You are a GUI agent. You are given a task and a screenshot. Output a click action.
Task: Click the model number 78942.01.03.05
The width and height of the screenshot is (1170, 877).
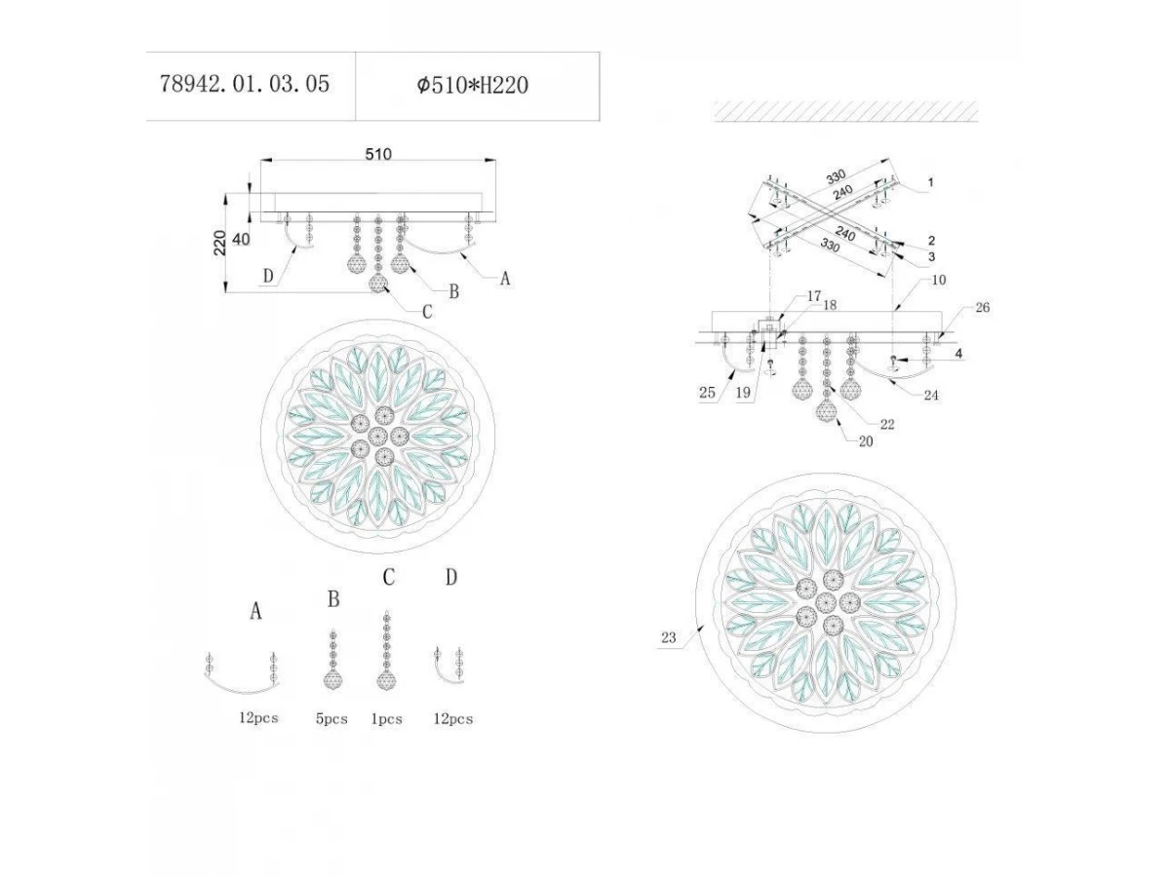pyautogui.click(x=245, y=84)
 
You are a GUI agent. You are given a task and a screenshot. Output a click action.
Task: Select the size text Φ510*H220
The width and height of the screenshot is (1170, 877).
pyautogui.click(x=473, y=85)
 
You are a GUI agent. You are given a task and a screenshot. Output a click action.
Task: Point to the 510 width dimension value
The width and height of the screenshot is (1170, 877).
pyautogui.click(x=378, y=154)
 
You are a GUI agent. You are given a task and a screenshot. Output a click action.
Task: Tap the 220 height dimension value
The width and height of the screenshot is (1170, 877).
pyautogui.click(x=219, y=243)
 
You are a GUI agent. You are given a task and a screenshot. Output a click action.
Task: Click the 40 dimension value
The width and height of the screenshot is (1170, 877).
pyautogui.click(x=241, y=239)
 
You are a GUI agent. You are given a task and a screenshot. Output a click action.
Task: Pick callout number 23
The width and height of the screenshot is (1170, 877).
pyautogui.click(x=669, y=637)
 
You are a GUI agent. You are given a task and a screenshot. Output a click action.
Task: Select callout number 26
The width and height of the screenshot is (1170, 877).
pyautogui.click(x=983, y=307)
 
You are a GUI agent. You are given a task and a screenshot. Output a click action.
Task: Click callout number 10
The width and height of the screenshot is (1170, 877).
pyautogui.click(x=938, y=280)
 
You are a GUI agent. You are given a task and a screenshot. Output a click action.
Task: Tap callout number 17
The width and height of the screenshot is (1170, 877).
pyautogui.click(x=814, y=296)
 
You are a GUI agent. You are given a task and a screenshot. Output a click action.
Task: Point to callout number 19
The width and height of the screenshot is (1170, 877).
pyautogui.click(x=743, y=393)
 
